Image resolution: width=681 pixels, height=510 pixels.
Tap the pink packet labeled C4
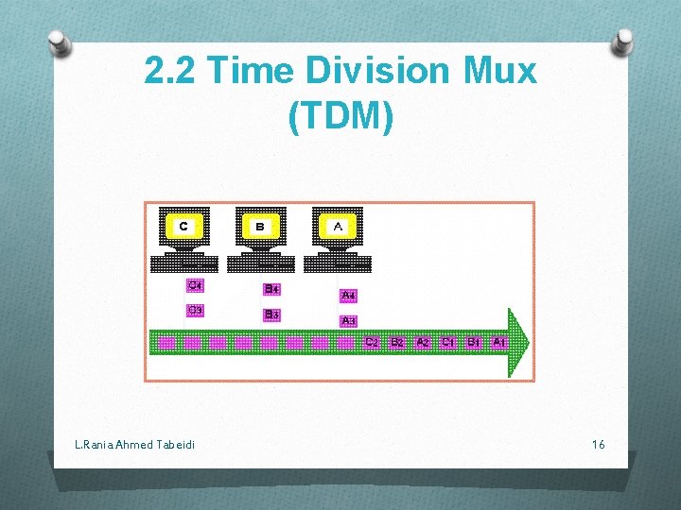click(x=195, y=285)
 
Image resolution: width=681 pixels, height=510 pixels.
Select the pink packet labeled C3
click(x=195, y=310)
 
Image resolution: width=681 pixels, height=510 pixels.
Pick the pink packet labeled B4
click(x=271, y=289)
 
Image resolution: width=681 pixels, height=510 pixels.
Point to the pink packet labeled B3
click(x=271, y=314)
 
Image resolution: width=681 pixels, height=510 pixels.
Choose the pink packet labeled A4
click(x=348, y=296)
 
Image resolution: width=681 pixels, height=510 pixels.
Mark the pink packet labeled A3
click(x=348, y=320)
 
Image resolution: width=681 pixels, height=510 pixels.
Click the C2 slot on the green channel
click(x=372, y=342)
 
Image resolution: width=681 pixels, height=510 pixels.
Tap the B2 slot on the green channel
click(x=397, y=342)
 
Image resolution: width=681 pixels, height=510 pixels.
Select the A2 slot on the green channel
click(x=423, y=342)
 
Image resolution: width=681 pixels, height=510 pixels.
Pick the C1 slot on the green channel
click(x=448, y=342)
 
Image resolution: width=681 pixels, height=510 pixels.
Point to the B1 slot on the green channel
click(x=474, y=342)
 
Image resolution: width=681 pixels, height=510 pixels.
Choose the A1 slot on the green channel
click(x=498, y=342)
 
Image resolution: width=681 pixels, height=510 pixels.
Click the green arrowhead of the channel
click(x=519, y=342)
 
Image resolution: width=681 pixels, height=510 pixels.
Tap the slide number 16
click(x=598, y=444)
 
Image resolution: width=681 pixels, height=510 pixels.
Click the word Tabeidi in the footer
click(x=173, y=444)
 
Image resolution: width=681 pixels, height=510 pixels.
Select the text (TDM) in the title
click(x=340, y=115)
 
